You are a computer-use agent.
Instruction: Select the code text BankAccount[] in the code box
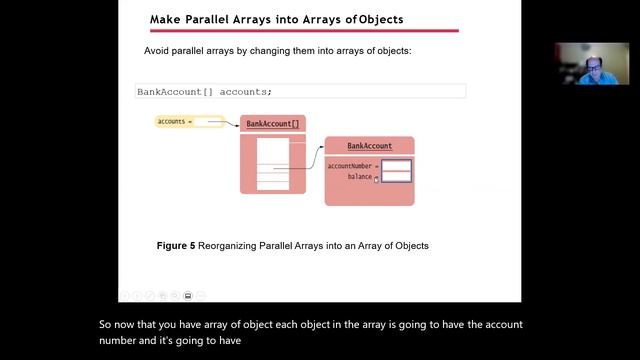click(x=174, y=91)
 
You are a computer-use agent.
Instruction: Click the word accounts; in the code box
click(x=245, y=91)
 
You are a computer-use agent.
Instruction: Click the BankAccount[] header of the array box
click(x=272, y=124)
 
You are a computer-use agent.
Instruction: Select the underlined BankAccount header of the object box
click(x=369, y=146)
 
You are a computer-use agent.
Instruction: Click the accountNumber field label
click(x=350, y=166)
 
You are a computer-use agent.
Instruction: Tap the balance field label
click(x=360, y=177)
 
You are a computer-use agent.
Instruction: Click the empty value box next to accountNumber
click(x=396, y=166)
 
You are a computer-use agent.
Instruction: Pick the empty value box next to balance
click(x=396, y=177)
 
